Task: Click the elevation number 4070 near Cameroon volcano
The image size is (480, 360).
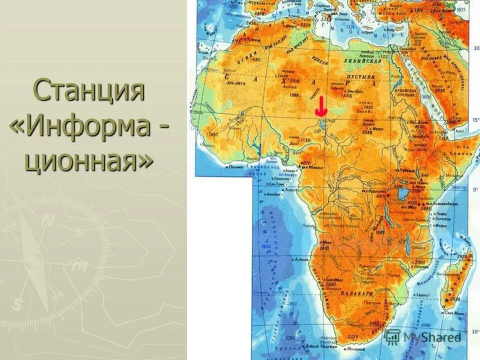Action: pyautogui.click(x=306, y=163)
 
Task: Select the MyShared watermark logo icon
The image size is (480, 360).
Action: pyautogui.click(x=393, y=336)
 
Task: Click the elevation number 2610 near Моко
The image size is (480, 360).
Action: pyautogui.click(x=323, y=248)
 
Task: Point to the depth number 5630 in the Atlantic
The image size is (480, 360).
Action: pyautogui.click(x=266, y=247)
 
